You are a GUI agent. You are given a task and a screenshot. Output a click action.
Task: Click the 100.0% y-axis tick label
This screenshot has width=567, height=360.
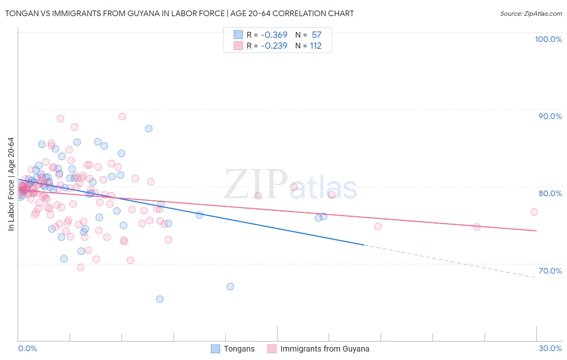click(548, 39)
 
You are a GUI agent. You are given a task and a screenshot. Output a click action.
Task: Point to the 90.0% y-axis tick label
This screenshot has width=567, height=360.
click(550, 116)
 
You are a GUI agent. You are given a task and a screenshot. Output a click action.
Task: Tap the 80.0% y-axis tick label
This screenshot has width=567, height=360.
click(550, 193)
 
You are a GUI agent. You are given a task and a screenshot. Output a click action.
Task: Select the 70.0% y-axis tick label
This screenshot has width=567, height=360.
click(550, 271)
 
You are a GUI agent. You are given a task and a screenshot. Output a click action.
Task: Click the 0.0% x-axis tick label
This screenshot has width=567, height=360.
click(27, 348)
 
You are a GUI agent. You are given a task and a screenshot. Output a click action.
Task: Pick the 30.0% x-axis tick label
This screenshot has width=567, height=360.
click(550, 348)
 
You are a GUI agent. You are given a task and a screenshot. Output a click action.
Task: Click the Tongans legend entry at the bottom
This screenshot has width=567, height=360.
click(239, 349)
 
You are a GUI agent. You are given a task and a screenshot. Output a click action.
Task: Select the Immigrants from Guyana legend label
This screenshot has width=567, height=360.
click(325, 349)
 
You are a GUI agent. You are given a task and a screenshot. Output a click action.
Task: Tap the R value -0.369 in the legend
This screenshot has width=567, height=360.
click(274, 35)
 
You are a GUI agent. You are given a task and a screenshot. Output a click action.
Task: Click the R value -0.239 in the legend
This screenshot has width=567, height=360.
click(274, 46)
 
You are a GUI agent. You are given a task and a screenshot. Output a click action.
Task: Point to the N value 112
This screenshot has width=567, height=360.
click(316, 46)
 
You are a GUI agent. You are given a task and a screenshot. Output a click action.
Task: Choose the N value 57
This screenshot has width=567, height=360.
click(317, 35)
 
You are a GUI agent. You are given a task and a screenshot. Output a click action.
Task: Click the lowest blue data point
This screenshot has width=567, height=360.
click(160, 299)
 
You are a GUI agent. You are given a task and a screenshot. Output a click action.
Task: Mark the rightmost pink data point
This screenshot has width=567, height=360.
click(534, 212)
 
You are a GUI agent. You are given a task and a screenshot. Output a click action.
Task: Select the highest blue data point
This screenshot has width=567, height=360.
click(149, 129)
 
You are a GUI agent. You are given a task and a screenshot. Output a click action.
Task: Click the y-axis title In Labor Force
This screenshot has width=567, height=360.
click(11, 184)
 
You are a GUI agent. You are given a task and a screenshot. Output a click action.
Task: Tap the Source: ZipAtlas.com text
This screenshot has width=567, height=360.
click(531, 14)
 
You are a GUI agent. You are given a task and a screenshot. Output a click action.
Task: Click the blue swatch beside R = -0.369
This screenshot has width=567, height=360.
click(238, 35)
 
